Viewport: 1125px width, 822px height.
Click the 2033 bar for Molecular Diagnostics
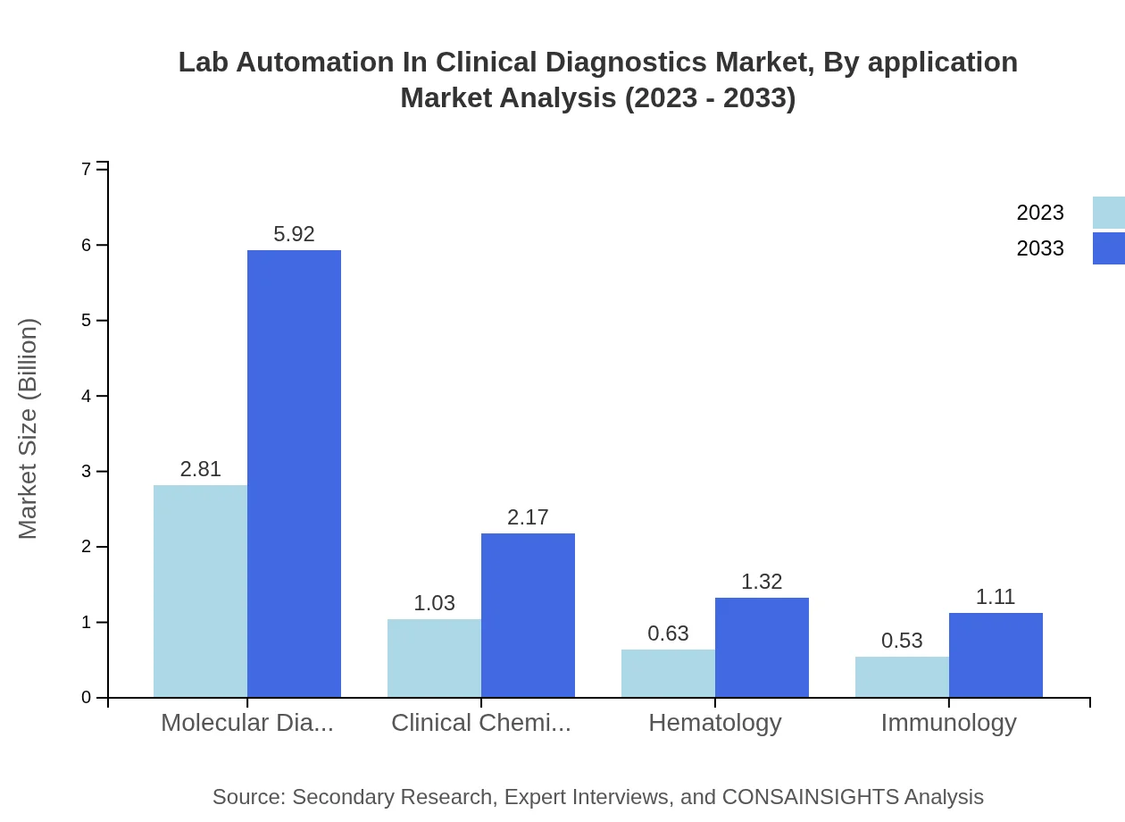[x=294, y=474]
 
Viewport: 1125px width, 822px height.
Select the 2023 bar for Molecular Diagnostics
[x=200, y=591]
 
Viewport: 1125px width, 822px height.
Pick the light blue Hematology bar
[x=668, y=673]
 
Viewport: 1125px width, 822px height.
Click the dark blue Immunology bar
[x=996, y=655]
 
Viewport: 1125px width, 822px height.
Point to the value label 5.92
[x=294, y=234]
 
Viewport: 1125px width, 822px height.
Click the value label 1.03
[x=434, y=603]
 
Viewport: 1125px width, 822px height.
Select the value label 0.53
[x=902, y=641]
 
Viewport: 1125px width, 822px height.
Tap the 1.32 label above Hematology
[x=762, y=582]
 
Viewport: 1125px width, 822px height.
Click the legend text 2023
[x=1040, y=213]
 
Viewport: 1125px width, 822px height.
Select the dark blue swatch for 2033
[x=1108, y=248]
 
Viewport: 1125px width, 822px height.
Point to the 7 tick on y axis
[x=87, y=169]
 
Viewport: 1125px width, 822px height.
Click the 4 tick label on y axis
[x=87, y=396]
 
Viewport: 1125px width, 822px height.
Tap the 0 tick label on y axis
[x=87, y=698]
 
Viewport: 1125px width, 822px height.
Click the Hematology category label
[x=715, y=722]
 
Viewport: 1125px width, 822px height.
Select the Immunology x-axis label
[x=948, y=722]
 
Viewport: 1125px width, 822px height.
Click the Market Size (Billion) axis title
[x=29, y=429]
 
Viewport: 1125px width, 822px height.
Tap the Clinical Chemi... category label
[x=481, y=722]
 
